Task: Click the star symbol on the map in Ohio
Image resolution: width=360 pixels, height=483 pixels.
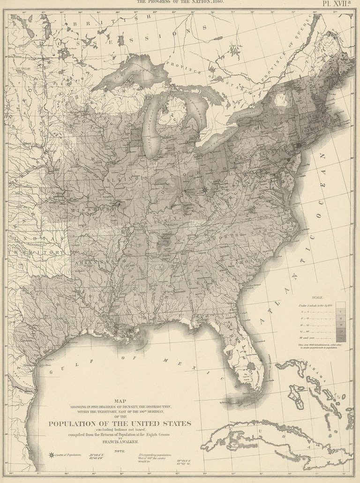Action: click(205, 190)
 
